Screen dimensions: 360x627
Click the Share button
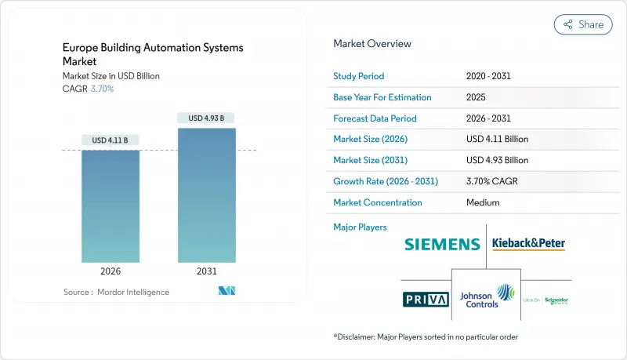(x=584, y=24)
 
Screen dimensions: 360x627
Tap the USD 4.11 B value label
(x=111, y=140)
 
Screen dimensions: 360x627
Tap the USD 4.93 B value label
(x=207, y=118)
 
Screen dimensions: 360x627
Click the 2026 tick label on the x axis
(x=111, y=271)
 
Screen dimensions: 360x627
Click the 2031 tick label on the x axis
(x=207, y=271)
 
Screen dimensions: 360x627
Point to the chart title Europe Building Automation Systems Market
(x=153, y=54)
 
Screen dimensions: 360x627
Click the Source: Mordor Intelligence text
(x=116, y=292)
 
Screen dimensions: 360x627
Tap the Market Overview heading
(x=372, y=44)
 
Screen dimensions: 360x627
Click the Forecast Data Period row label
(x=375, y=118)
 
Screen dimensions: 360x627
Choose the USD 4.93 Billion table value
(x=497, y=160)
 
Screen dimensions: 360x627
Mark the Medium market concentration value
(x=484, y=202)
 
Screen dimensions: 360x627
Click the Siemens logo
(x=442, y=244)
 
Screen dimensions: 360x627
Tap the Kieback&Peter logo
(x=528, y=244)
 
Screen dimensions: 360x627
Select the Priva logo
(x=426, y=299)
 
